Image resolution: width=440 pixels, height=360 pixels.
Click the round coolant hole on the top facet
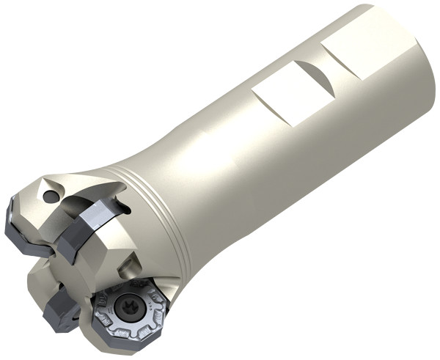48,196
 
